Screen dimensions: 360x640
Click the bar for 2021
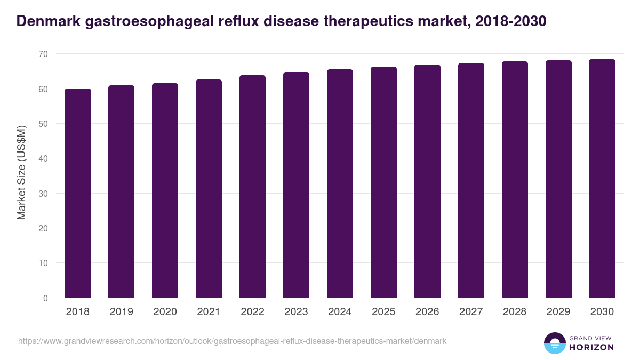(209, 189)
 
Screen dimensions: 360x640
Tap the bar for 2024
(340, 183)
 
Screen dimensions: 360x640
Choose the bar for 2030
(602, 179)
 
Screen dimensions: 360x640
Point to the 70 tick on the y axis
(43, 54)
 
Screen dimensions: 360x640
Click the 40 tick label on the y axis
(43, 158)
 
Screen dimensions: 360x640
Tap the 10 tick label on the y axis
(43, 263)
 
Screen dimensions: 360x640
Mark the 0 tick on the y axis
(45, 298)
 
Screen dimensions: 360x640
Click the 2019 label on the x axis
(122, 312)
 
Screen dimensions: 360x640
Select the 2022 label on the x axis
(252, 312)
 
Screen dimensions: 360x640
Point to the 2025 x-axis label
(383, 312)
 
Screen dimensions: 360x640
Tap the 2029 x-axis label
(558, 312)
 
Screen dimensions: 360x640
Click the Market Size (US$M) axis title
(22, 172)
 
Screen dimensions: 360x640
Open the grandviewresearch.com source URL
(232, 341)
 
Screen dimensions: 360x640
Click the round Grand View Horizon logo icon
(554, 343)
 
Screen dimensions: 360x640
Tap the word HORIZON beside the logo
(591, 347)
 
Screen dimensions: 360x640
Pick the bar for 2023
(296, 185)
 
